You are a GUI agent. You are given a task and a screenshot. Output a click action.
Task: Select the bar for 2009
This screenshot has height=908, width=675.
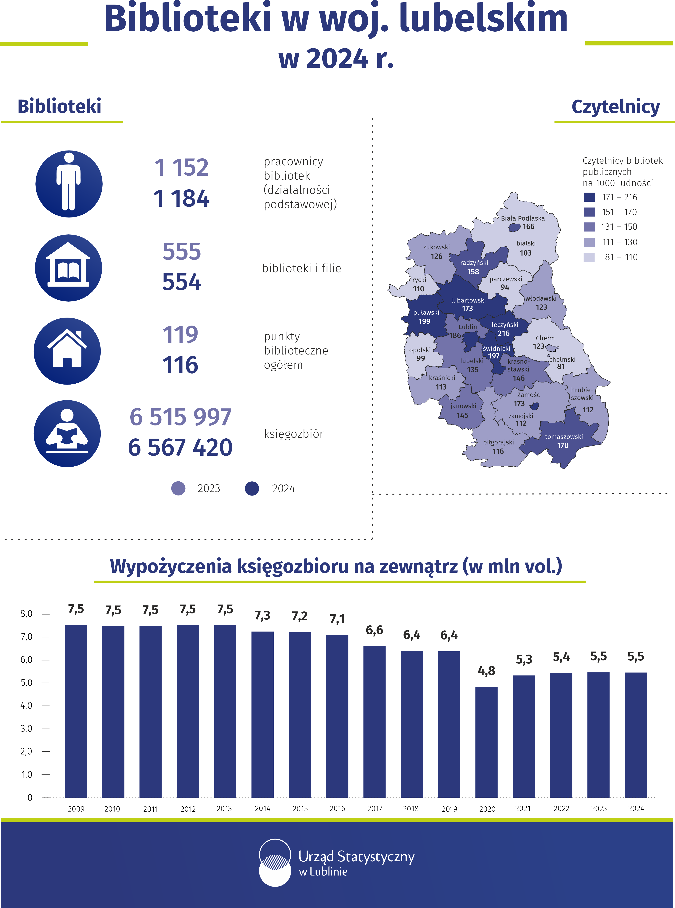tap(76, 711)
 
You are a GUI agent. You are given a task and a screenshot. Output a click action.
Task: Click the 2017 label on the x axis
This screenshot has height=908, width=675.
tap(375, 808)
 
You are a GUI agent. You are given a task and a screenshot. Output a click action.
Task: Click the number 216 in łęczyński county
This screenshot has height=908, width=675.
tap(503, 333)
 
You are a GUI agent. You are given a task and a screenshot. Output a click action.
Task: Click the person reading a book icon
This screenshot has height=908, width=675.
tap(67, 433)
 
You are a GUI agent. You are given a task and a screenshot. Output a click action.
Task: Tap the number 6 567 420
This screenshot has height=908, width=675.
tap(180, 447)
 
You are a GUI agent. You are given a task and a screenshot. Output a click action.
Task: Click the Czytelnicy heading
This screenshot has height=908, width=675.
tap(616, 107)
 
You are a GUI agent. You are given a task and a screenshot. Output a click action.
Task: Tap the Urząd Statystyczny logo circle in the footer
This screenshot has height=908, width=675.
tap(275, 863)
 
